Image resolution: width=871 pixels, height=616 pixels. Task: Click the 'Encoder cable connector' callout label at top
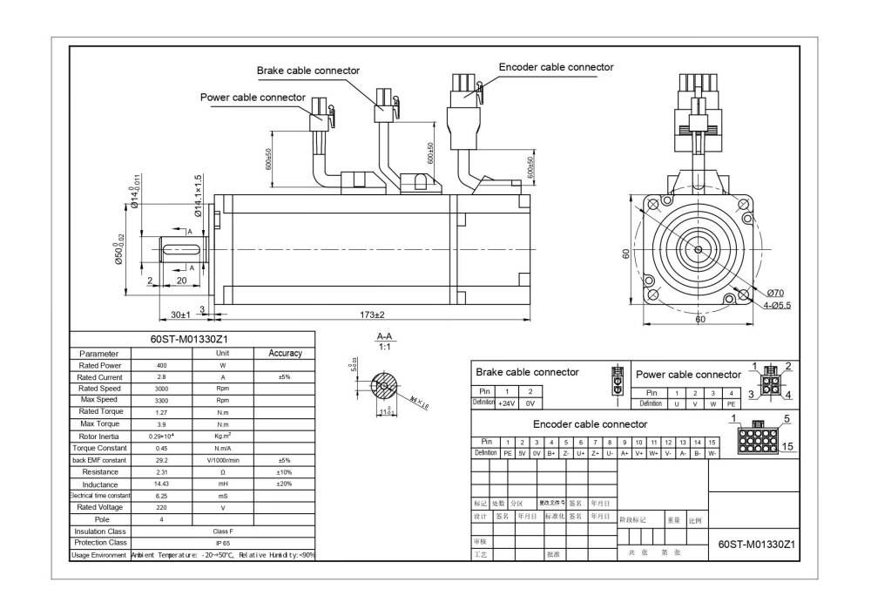pos(556,67)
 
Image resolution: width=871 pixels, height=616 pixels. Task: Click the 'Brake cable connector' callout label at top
pos(307,71)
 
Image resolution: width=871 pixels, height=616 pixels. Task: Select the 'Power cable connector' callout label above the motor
pos(253,98)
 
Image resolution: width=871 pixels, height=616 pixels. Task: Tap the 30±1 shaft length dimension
pos(180,314)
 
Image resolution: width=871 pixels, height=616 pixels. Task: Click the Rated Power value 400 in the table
pos(161,366)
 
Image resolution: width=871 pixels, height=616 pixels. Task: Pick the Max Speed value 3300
pos(161,401)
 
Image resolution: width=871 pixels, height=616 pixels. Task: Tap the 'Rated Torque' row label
pos(100,412)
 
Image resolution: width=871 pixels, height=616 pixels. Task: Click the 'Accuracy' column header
pos(285,353)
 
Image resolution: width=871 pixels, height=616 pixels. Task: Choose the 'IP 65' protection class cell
pos(223,543)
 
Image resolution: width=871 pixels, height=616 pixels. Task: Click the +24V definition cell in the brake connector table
pos(506,404)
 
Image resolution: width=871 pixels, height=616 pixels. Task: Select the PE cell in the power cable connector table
pos(732,404)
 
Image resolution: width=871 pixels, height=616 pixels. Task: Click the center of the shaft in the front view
pos(699,249)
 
